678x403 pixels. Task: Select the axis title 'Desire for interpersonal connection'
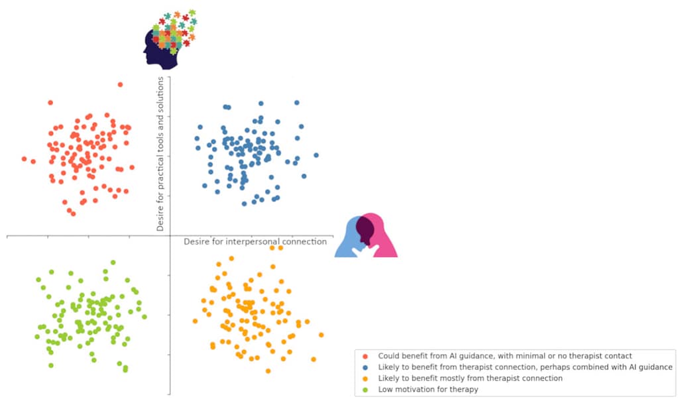(255, 242)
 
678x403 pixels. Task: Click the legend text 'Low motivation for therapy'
(428, 390)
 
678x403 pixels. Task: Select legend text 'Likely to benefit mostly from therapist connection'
(471, 378)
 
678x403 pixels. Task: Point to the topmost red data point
(120, 84)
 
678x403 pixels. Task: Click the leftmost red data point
(25, 159)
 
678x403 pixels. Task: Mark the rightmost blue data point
(316, 155)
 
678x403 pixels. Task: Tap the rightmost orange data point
(321, 335)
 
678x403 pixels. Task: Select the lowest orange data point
(268, 371)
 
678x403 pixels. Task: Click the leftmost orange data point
(195, 321)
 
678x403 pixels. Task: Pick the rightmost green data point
(144, 317)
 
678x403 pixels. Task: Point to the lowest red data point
(73, 213)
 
